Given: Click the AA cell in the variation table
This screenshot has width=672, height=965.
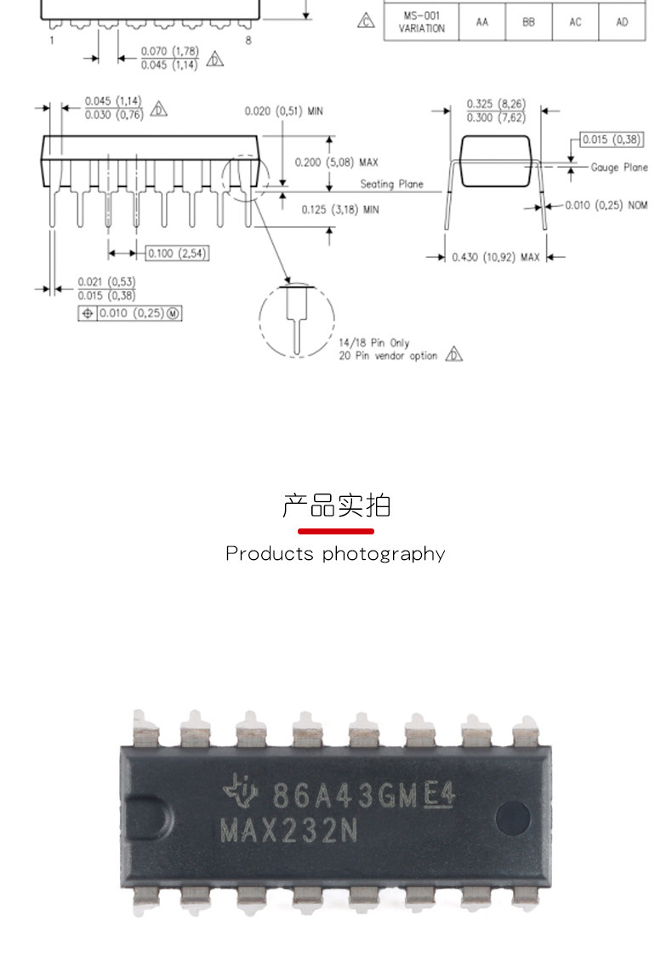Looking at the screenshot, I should click(482, 22).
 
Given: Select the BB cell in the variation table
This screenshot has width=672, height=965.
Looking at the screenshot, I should click(528, 22).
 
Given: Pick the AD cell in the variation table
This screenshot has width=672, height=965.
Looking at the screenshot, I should click(622, 22).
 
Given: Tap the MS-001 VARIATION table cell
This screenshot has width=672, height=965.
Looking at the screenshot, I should click(421, 22).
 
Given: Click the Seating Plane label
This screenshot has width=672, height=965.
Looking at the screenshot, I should click(391, 184).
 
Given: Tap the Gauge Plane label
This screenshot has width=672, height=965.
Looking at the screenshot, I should click(619, 168).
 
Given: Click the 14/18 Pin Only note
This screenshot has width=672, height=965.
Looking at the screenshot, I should click(373, 343).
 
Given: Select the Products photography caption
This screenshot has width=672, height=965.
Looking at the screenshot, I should click(335, 554).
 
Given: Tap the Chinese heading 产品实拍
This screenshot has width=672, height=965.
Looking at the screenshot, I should click(336, 505).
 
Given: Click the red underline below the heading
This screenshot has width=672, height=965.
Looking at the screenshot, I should click(336, 531).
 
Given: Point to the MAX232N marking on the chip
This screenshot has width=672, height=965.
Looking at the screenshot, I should click(289, 830).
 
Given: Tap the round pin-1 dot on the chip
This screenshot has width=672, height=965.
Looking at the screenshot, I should click(512, 814).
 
